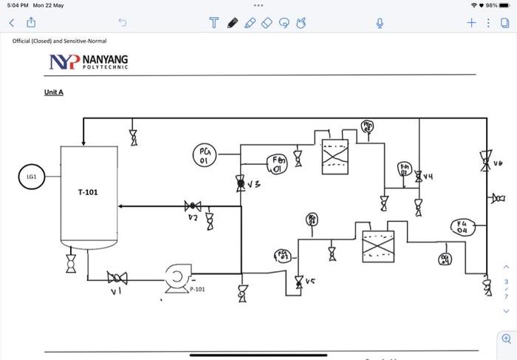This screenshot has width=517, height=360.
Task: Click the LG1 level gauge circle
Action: (32, 177)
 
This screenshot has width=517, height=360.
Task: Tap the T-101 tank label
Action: (88, 192)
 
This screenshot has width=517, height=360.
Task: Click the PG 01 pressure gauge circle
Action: (205, 155)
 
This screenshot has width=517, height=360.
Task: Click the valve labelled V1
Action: (117, 278)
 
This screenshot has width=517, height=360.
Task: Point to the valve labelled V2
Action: (194, 206)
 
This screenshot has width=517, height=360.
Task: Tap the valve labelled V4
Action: (419, 176)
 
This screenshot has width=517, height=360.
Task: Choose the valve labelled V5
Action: (299, 281)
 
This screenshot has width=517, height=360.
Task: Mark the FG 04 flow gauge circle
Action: (462, 227)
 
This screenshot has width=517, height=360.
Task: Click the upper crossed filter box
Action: (335, 157)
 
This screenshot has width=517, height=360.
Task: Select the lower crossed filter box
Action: (377, 245)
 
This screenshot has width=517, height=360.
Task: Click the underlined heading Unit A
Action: (53, 92)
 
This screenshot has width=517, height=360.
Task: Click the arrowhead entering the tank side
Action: (122, 206)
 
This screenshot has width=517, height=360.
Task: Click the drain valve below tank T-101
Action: (71, 263)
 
